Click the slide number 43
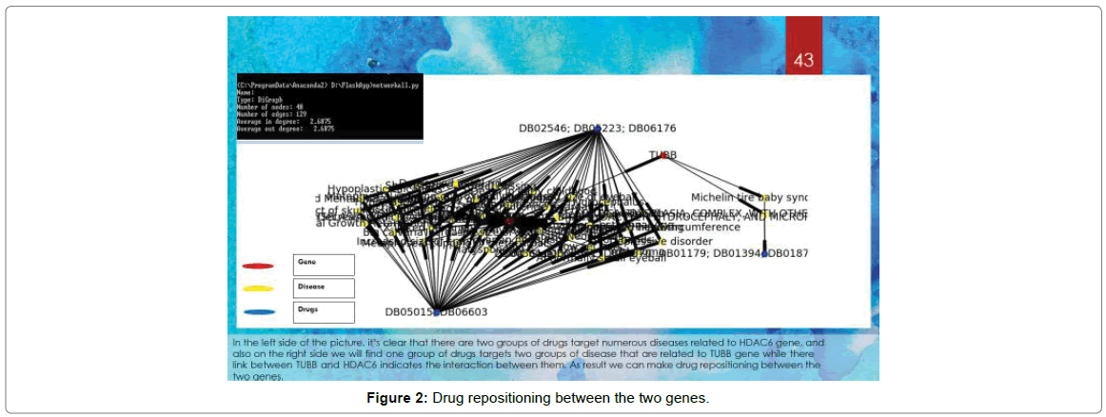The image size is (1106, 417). pos(803,60)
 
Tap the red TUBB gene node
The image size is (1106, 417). pos(663,156)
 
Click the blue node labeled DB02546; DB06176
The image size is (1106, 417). pos(597,129)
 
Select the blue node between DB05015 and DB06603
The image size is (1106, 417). pos(437,311)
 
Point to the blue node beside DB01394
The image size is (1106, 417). pos(764,253)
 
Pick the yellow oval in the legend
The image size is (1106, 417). pos(258,288)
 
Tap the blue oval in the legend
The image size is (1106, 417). pos(258,311)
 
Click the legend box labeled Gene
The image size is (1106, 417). pos(324,265)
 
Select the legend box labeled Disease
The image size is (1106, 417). pos(324,288)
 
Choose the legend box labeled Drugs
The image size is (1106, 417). pos(324,311)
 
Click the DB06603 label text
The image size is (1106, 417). pos(465,311)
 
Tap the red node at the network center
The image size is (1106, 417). pos(510,221)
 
